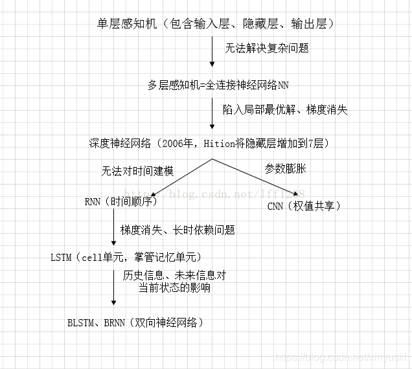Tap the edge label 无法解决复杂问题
pyautogui.click(x=267, y=49)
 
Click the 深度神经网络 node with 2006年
pyautogui.click(x=213, y=143)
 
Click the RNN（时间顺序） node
pyautogui.click(x=121, y=201)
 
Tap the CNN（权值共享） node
pyautogui.click(x=304, y=206)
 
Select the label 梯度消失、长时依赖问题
pyautogui.click(x=177, y=230)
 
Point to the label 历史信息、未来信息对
pyautogui.click(x=174, y=275)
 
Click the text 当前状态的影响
pyautogui.click(x=174, y=287)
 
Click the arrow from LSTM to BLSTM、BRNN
pyautogui.click(x=114, y=285)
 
